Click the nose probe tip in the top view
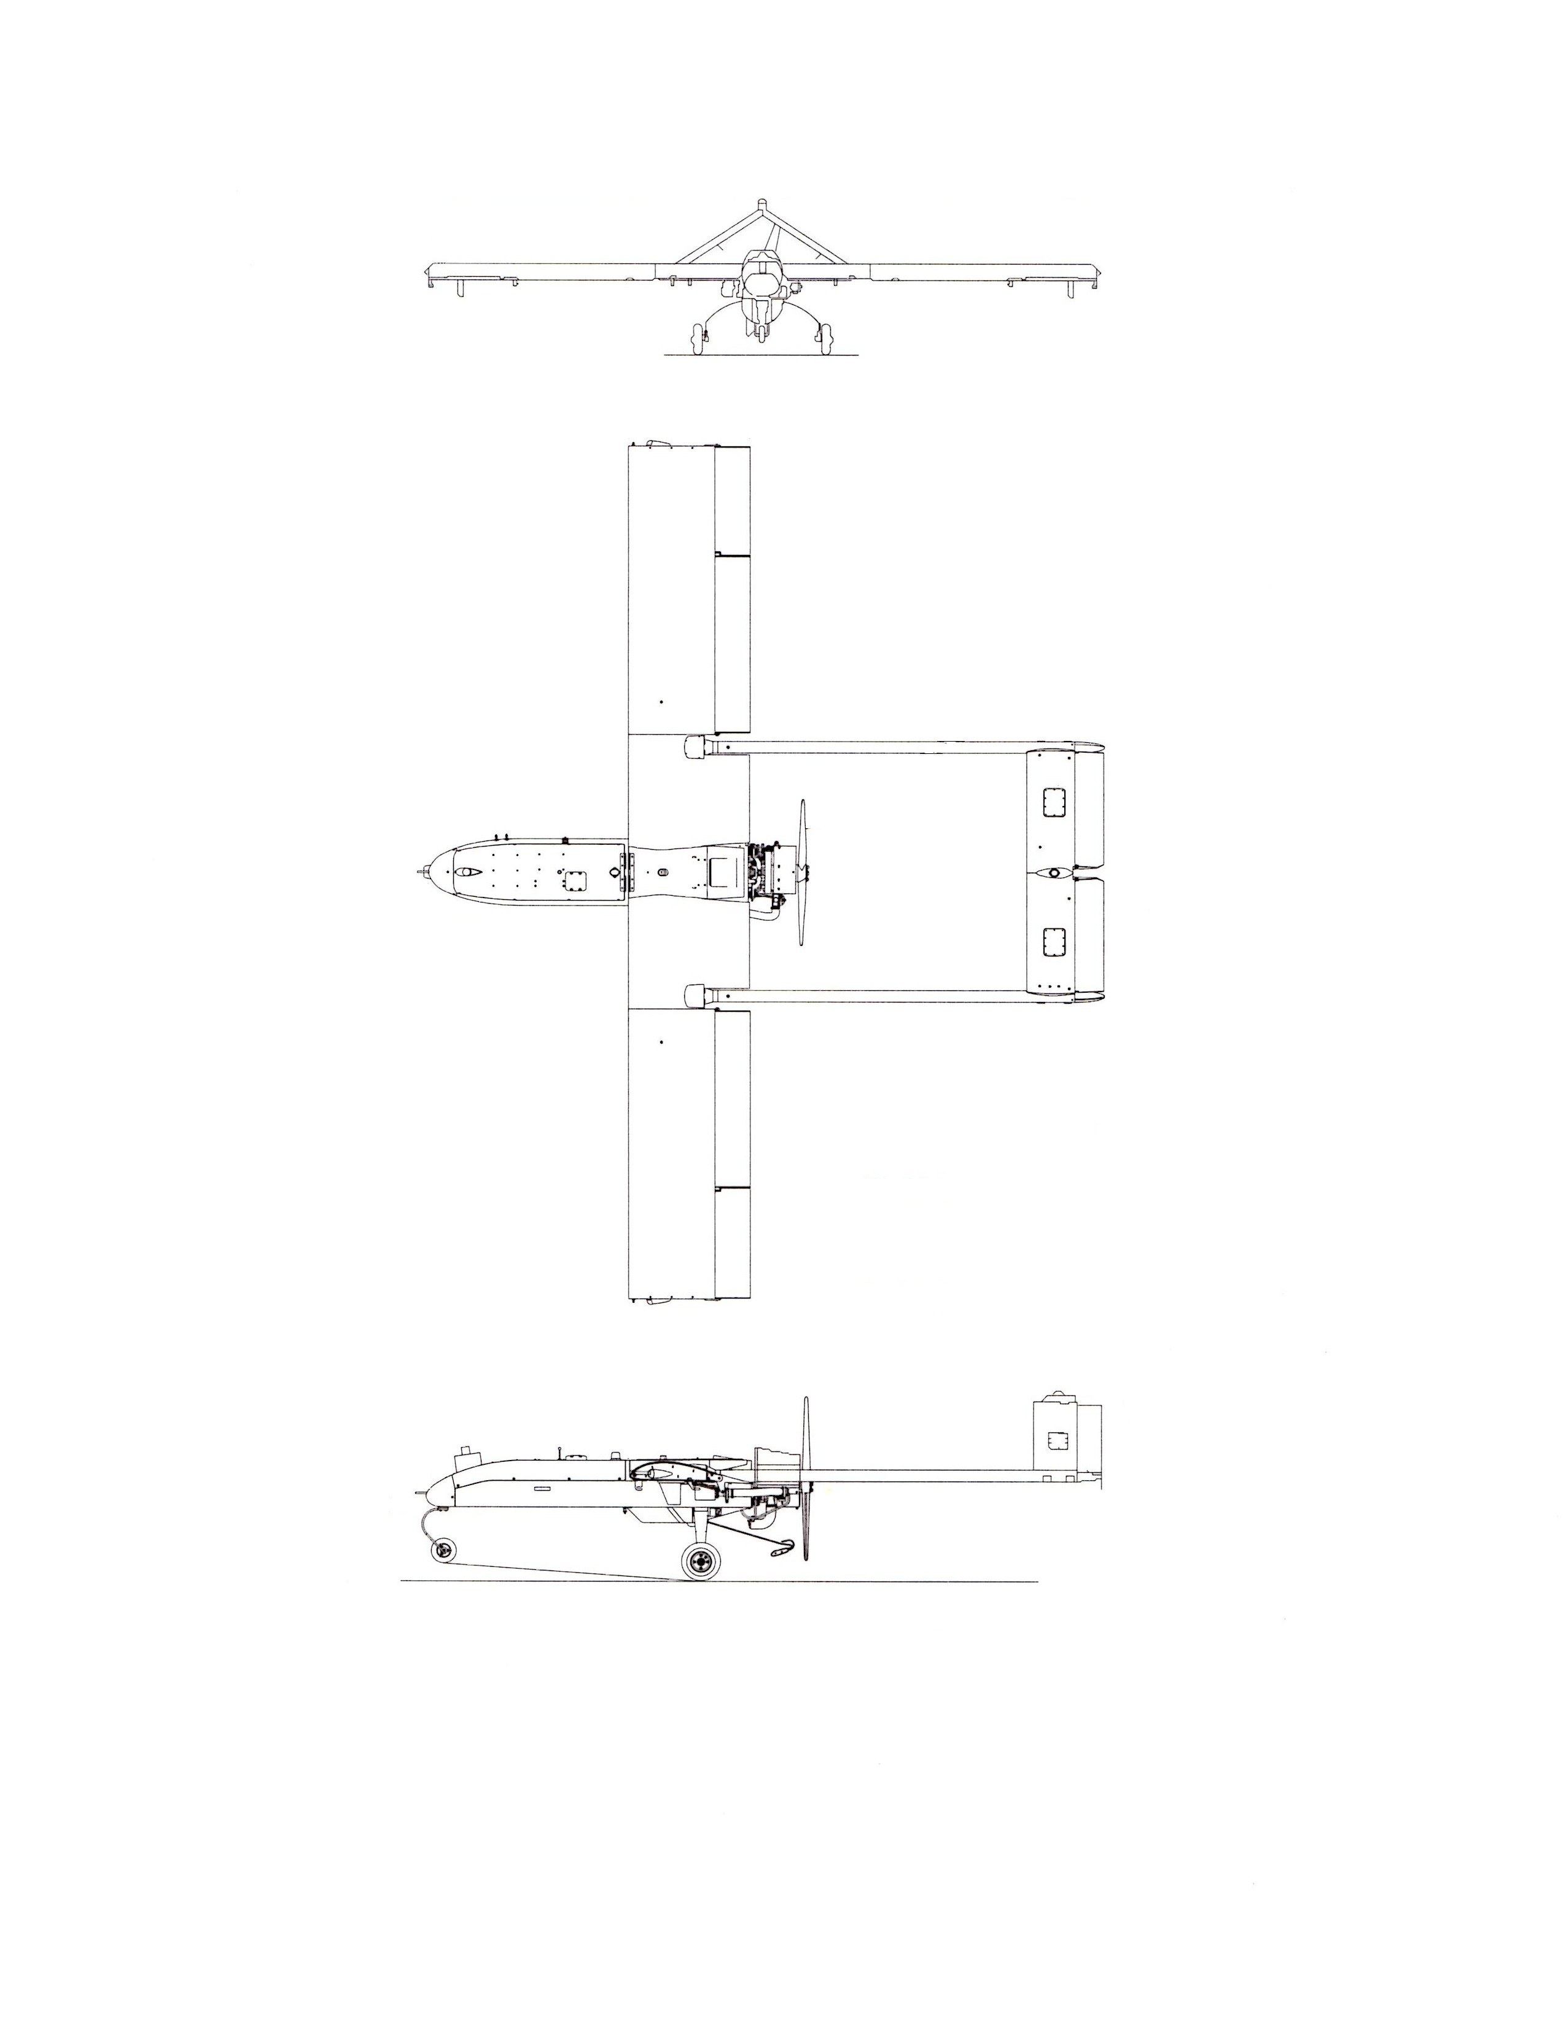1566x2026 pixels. click(x=418, y=872)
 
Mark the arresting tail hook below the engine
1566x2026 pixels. click(x=782, y=1545)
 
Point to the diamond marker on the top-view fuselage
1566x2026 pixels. click(x=617, y=873)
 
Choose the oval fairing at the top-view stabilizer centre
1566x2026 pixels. click(x=1054, y=873)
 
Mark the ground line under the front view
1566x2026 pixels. click(x=761, y=354)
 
